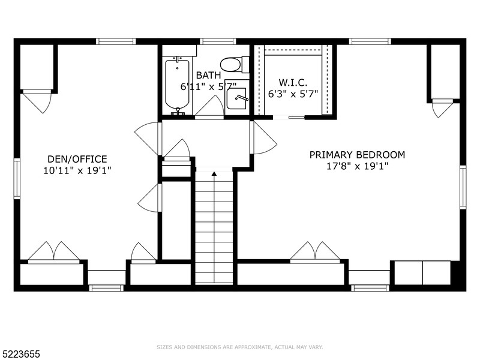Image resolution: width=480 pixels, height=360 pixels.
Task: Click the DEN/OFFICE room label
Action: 77,159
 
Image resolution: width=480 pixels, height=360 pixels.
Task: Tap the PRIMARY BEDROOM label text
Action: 356,155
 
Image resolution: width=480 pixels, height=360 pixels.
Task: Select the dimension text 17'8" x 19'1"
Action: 356,166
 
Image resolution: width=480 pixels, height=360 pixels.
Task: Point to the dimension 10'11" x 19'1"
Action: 77,170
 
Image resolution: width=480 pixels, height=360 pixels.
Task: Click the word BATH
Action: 208,76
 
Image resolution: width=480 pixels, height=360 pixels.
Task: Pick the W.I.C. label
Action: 293,82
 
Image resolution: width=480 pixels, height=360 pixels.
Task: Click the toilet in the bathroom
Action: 230,64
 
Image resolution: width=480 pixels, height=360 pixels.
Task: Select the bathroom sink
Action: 238,98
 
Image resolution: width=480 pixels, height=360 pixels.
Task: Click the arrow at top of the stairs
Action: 214,173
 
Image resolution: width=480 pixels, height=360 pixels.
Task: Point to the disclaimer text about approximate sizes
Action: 239,347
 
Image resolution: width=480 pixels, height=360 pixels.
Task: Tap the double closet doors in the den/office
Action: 54,252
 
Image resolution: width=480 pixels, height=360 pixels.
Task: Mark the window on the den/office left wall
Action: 17,179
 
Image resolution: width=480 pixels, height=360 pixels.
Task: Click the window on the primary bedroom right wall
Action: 463,187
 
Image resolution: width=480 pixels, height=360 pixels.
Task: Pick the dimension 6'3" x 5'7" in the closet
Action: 293,94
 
